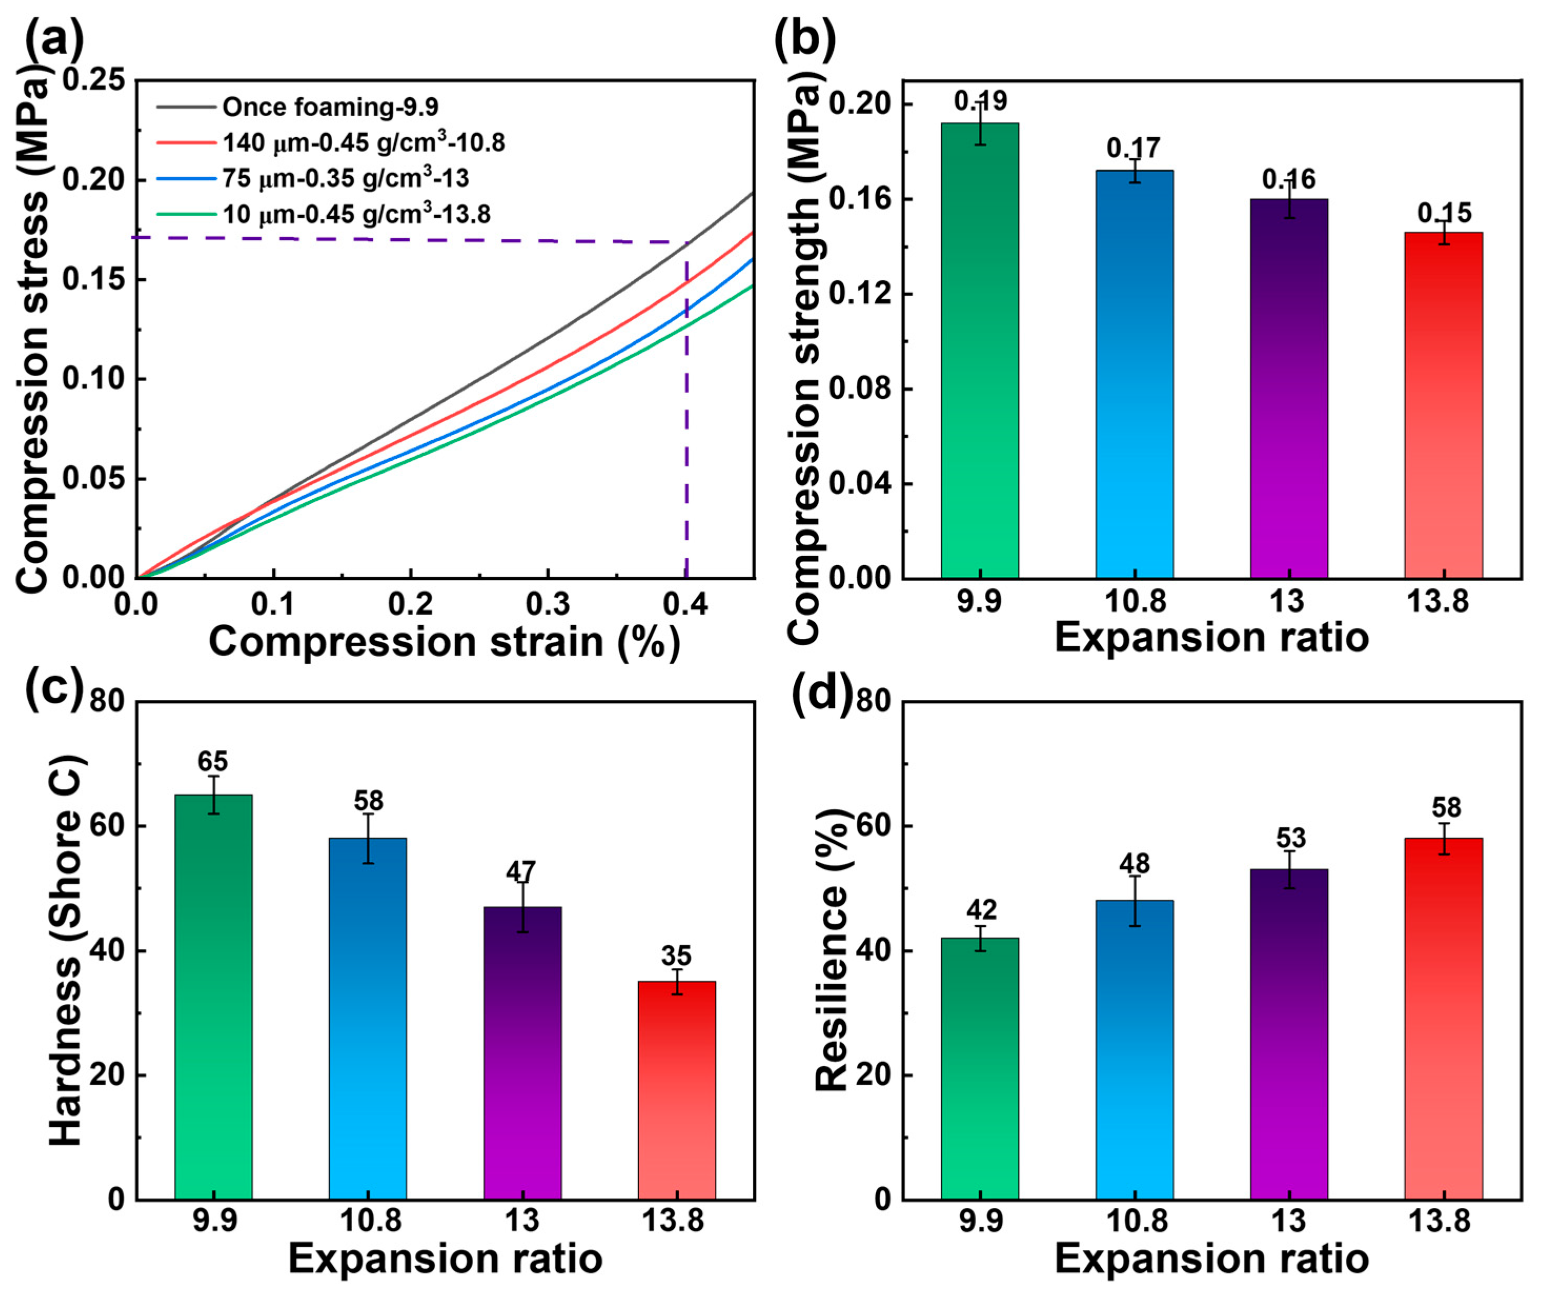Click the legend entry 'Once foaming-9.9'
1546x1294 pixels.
[330, 107]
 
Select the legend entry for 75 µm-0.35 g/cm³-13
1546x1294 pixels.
[345, 178]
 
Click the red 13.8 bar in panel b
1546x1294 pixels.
[1443, 405]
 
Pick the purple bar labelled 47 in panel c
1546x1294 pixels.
[522, 1053]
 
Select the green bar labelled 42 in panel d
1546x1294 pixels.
[980, 1068]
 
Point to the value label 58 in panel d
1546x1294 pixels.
[1446, 808]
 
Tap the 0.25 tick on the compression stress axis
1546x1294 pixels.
[94, 79]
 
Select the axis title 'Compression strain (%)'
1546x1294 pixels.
[444, 642]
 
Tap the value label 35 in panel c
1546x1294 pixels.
[676, 956]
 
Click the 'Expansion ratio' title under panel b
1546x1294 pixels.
[1211, 638]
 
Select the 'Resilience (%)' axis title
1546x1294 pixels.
[833, 950]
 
